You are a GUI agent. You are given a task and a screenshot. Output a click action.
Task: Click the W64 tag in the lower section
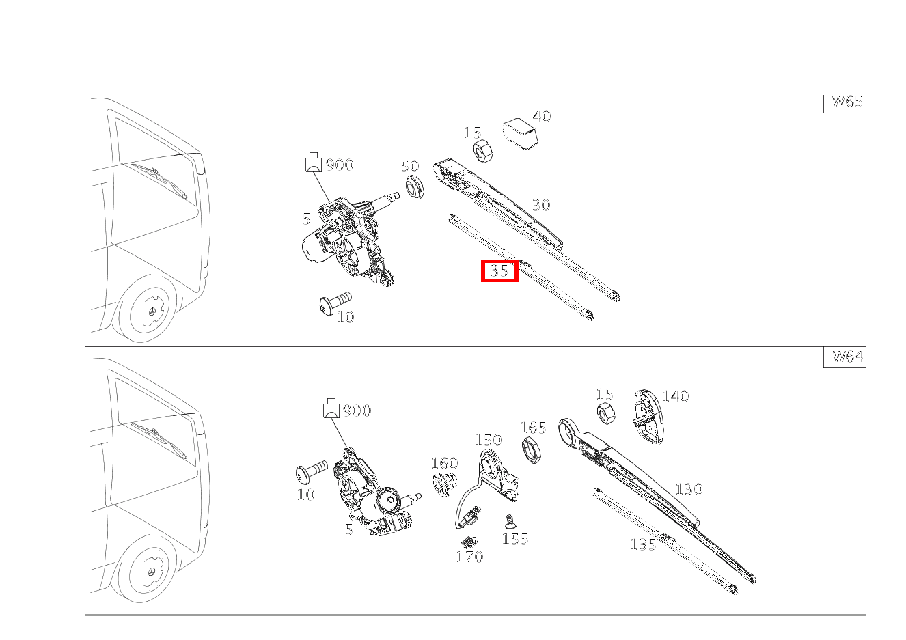tap(847, 357)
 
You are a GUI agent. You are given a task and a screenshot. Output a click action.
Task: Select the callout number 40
tap(542, 116)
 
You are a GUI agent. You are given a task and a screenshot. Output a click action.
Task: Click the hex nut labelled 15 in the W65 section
tap(482, 151)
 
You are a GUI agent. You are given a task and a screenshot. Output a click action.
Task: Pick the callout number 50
tap(410, 166)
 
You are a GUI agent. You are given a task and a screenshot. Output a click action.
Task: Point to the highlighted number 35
tap(499, 270)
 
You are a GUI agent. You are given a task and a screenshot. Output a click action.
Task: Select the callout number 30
tap(540, 205)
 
